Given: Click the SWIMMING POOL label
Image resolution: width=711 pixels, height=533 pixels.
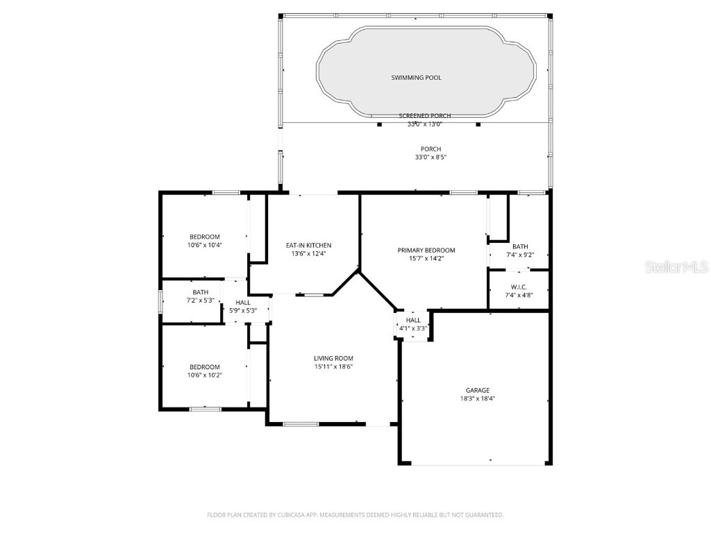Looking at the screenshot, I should click(x=416, y=78).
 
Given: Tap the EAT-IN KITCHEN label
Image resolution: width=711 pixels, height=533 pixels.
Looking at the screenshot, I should click(x=308, y=246).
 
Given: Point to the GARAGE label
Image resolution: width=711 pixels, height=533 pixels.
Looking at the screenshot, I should click(x=478, y=391).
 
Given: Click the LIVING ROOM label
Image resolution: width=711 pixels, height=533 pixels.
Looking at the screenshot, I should click(x=333, y=359).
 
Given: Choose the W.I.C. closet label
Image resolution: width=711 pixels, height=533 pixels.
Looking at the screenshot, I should click(x=519, y=287).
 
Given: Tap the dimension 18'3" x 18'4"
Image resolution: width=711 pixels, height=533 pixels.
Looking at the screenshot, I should click(x=478, y=399).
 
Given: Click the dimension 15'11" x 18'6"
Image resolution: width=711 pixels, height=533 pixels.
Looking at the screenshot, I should click(x=333, y=367).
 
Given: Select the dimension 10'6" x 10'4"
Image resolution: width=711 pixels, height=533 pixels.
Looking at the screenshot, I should click(x=205, y=245).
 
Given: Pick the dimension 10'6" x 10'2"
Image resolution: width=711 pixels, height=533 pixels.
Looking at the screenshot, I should click(x=205, y=375).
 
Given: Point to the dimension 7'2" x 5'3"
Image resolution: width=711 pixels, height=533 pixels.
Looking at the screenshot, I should click(x=201, y=301).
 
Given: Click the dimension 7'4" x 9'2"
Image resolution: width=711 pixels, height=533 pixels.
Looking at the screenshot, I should click(x=520, y=255).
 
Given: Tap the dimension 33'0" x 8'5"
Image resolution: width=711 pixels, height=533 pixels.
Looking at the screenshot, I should click(x=430, y=158).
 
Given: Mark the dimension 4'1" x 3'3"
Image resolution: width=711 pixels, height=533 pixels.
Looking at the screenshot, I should click(x=414, y=328).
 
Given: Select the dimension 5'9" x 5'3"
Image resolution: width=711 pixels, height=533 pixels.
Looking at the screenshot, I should click(x=243, y=311).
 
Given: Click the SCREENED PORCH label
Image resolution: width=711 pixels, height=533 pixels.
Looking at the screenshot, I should click(x=425, y=116).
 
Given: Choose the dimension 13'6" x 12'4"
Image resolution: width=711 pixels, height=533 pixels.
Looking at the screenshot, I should click(x=308, y=254).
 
